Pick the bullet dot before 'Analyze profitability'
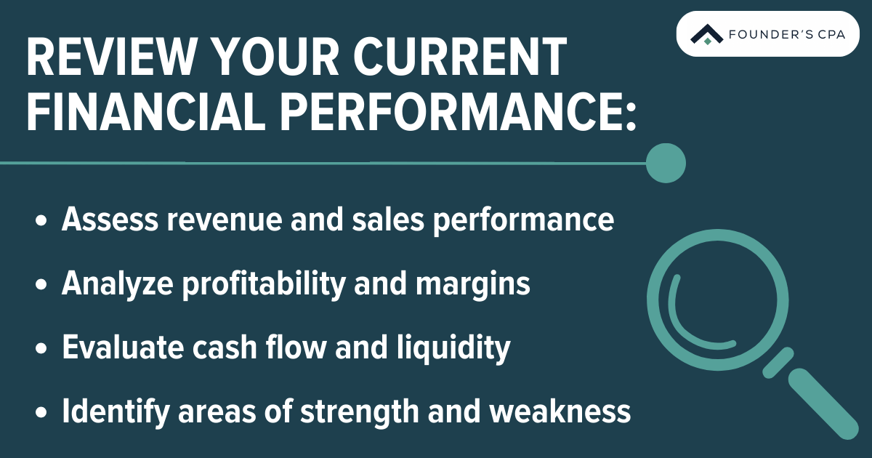(41, 286)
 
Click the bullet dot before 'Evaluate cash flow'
(41, 350)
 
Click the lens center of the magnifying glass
(711, 294)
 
